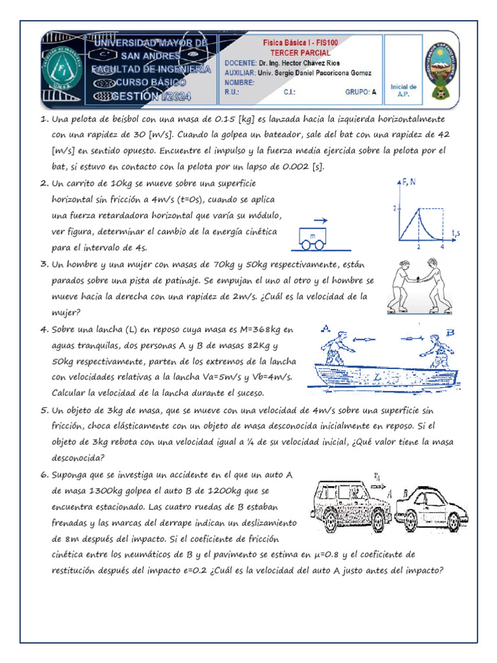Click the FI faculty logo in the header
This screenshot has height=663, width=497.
pyautogui.click(x=62, y=71)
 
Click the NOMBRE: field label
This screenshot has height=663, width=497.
pyautogui.click(x=239, y=82)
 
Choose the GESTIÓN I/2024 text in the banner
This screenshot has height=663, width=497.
pyautogui.click(x=158, y=96)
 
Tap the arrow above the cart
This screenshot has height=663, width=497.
pyautogui.click(x=320, y=221)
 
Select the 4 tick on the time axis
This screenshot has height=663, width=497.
pyautogui.click(x=443, y=247)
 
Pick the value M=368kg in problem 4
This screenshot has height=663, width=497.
pyautogui.click(x=260, y=330)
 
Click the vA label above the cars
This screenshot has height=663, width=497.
pyautogui.click(x=377, y=477)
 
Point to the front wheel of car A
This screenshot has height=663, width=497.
pyautogui.click(x=377, y=521)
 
